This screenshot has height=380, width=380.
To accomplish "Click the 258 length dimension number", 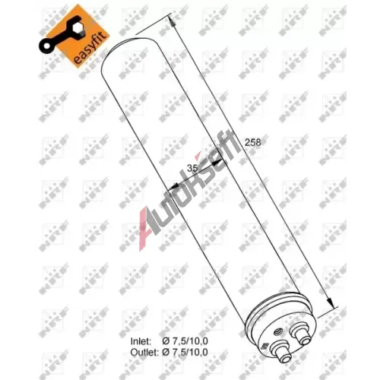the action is (252, 142).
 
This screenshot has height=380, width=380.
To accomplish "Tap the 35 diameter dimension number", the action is (192, 168).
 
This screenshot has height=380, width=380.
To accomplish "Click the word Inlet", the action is (141, 341).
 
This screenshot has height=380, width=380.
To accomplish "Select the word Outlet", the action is (144, 352).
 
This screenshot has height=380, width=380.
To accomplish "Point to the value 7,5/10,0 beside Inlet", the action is (190, 341).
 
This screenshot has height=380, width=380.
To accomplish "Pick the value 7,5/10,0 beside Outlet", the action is (190, 352).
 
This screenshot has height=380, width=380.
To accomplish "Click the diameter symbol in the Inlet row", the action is (166, 341).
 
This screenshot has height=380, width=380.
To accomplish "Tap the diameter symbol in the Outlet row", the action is (166, 352).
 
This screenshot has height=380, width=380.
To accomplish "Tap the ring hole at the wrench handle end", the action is (47, 46).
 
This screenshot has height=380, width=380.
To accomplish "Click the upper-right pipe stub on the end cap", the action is (301, 334).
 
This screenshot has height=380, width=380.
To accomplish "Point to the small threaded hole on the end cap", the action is (279, 331).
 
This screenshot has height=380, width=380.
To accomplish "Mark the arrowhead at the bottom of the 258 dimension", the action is (330, 302).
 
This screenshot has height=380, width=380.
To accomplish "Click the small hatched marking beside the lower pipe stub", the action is (266, 346).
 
